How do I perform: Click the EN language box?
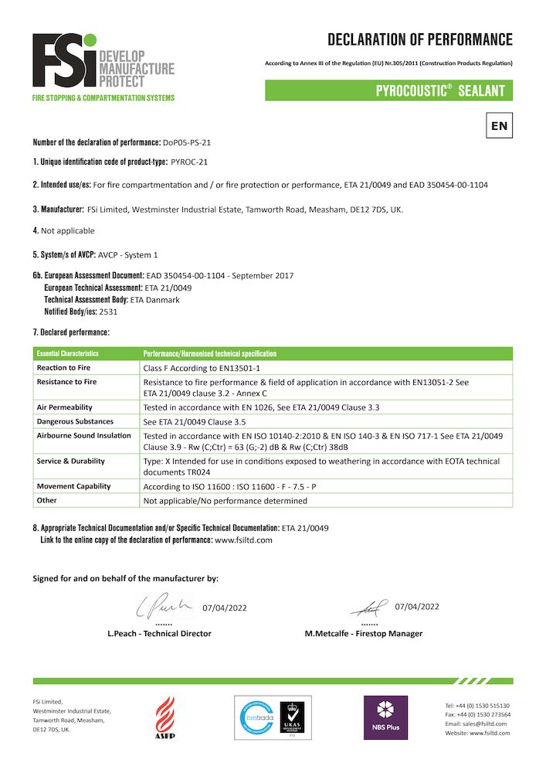click(x=499, y=125)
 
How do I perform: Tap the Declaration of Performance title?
click(x=419, y=40)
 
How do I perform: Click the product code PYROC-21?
click(x=188, y=162)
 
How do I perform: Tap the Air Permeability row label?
click(x=65, y=407)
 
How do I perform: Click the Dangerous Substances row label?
click(x=75, y=421)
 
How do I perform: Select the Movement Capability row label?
click(x=73, y=486)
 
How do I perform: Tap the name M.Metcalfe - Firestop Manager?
click(x=364, y=633)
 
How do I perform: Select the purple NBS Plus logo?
click(x=385, y=717)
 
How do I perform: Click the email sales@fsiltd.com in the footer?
click(x=483, y=724)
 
